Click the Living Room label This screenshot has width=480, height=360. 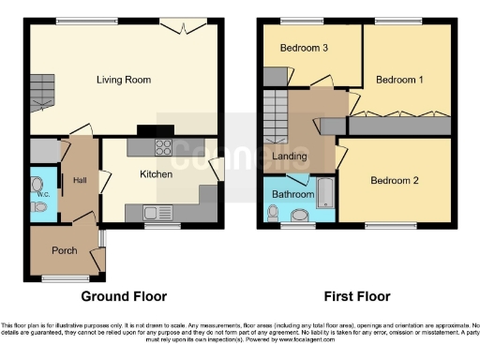124,80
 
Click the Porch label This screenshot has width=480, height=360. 65,249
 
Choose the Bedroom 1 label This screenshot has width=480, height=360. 399,81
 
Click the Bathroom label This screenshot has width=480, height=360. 293,194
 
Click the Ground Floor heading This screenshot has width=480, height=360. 124,296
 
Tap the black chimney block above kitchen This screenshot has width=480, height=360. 148,130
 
